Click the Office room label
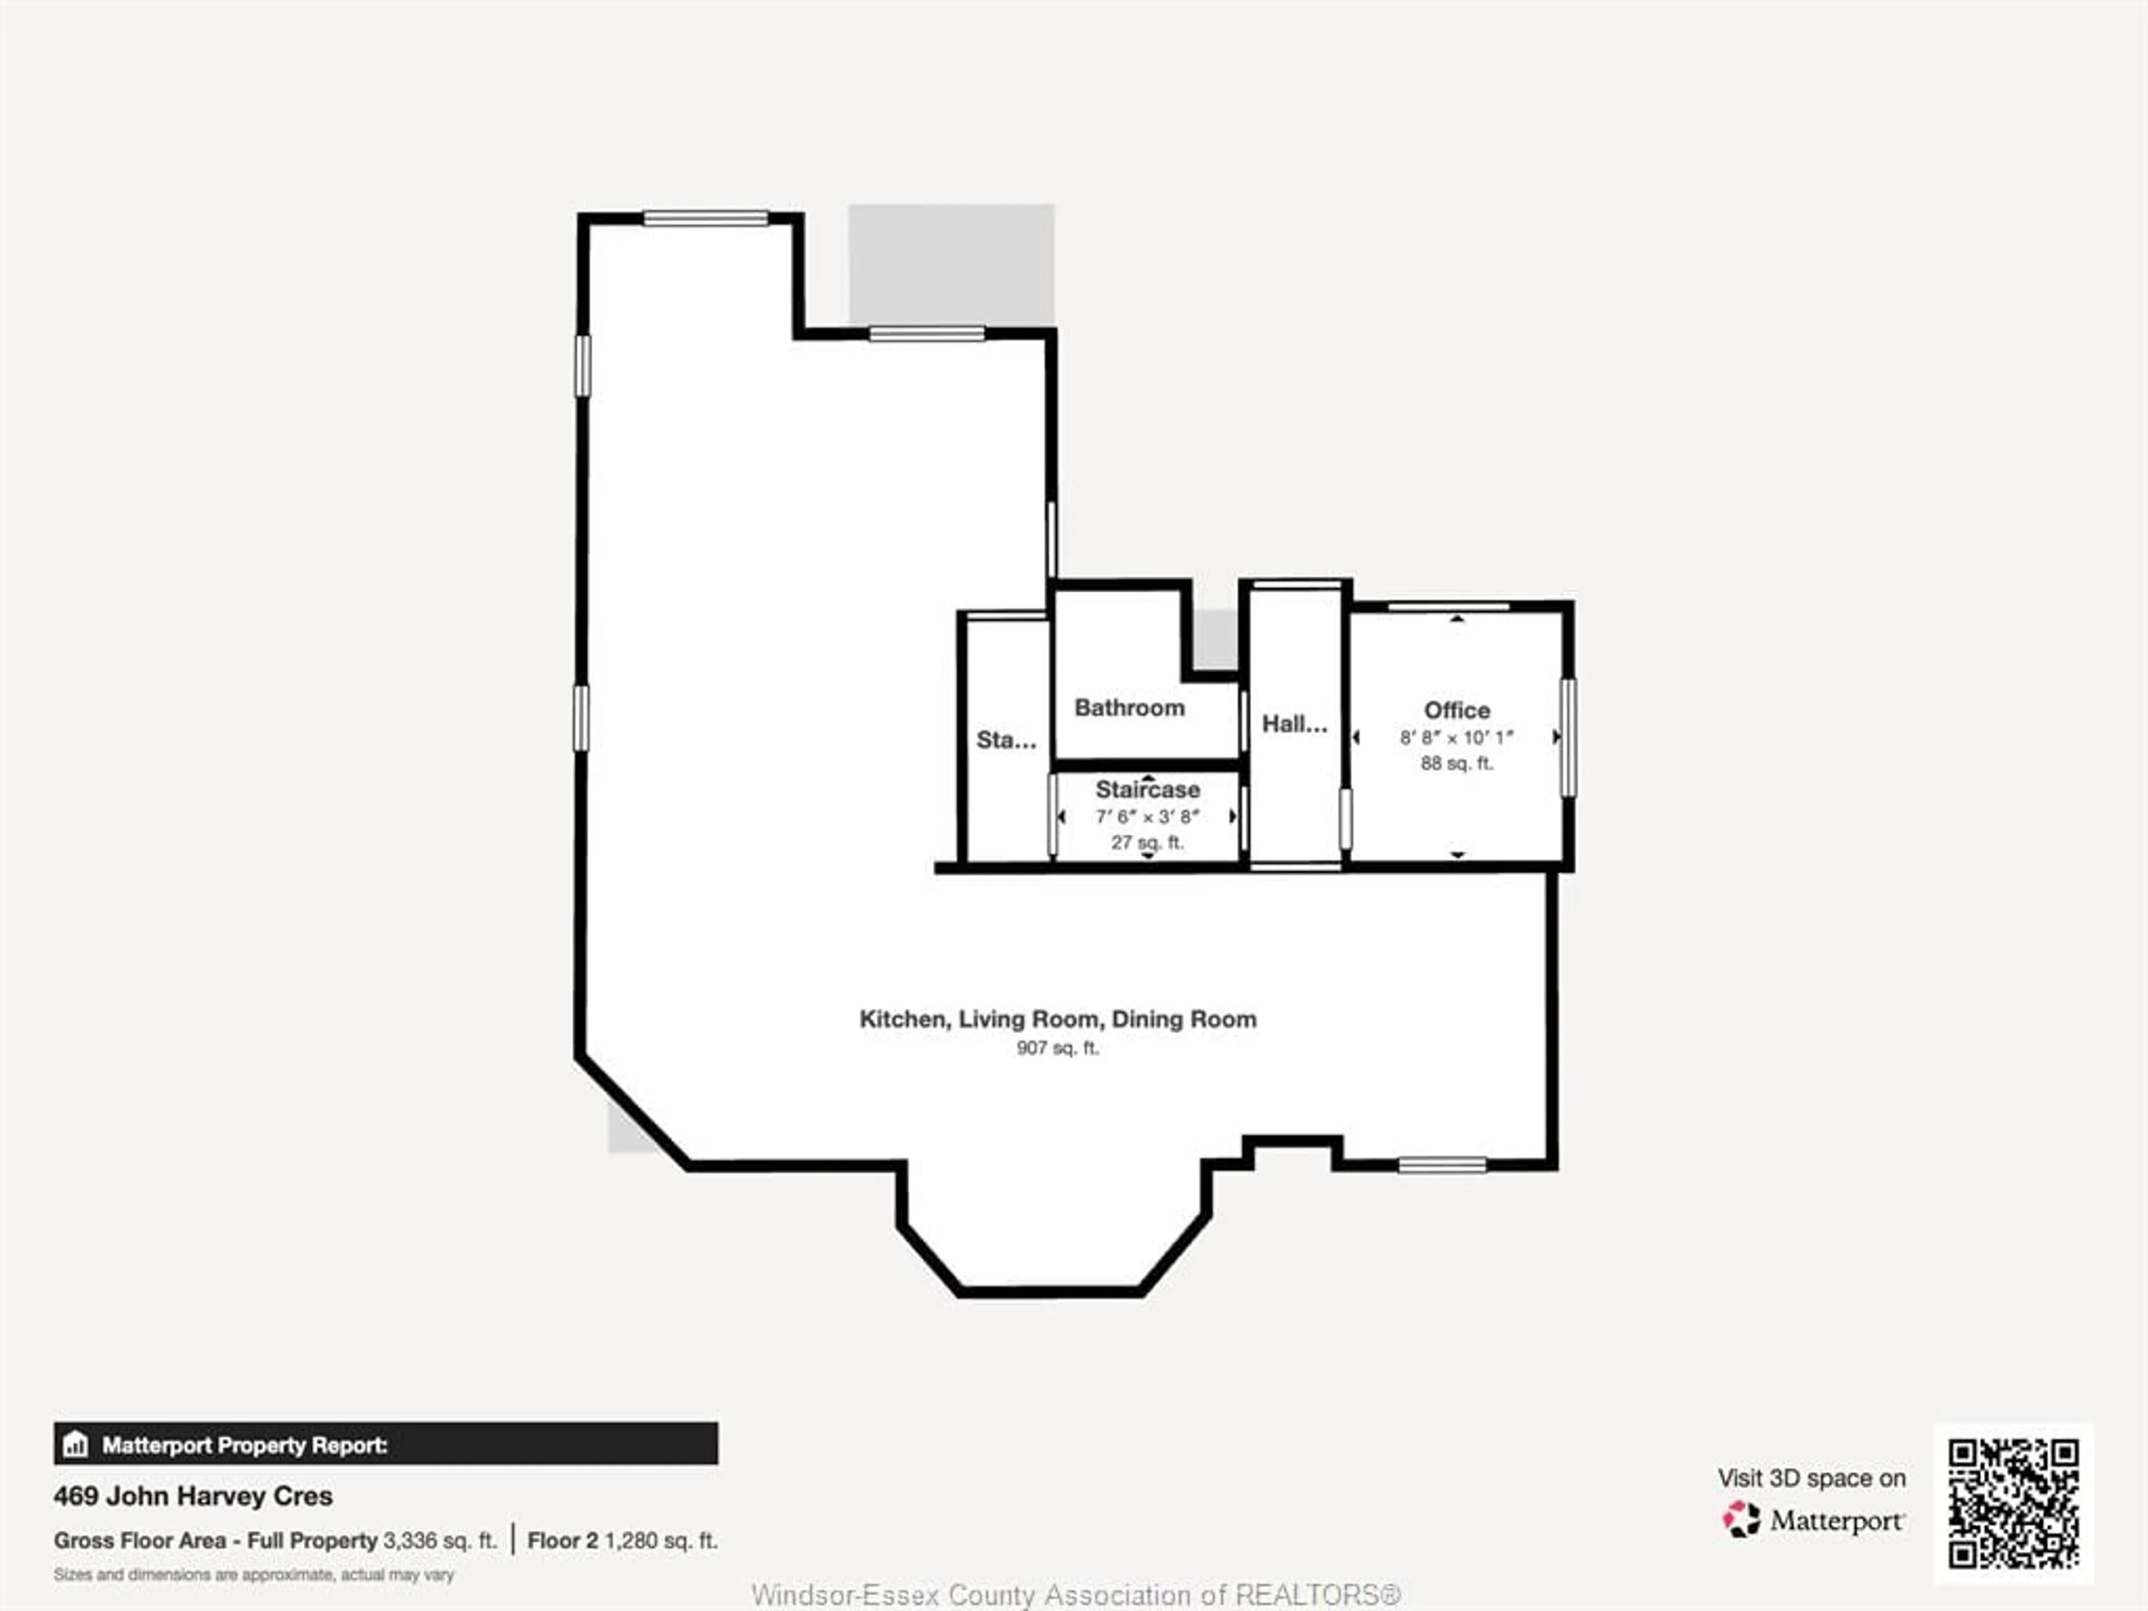1457,710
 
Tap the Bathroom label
1129,708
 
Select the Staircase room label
1148,789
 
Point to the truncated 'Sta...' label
1006,740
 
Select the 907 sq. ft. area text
1057,1048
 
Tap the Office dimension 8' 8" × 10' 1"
1457,737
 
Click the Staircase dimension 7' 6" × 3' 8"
1148,817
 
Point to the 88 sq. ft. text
1457,763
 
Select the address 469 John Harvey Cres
193,1496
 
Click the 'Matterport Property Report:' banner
385,1445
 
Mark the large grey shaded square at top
951,264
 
